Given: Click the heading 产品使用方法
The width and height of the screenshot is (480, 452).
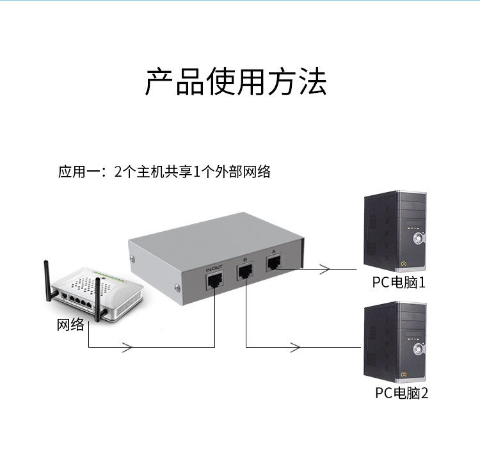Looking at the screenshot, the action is click(236, 82).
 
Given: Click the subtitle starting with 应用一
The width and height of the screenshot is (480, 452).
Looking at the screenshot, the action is click(164, 172).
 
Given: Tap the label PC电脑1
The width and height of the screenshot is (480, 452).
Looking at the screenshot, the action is click(399, 282).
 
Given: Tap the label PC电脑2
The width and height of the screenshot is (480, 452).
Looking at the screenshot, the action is click(402, 393).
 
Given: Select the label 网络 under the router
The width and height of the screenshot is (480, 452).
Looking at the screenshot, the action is click(70, 325).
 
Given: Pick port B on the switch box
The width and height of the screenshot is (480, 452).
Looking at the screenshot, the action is click(244, 271).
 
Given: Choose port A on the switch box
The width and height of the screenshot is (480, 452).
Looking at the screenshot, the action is click(274, 262).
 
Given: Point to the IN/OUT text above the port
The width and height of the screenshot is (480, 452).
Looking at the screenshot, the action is click(214, 268).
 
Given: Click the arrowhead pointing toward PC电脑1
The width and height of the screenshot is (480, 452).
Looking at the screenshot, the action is click(325, 269).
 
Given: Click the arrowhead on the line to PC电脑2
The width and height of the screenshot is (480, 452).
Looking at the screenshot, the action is click(296, 347).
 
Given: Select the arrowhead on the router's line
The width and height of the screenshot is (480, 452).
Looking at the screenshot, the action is click(127, 347).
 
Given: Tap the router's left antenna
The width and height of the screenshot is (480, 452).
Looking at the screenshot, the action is click(49, 280).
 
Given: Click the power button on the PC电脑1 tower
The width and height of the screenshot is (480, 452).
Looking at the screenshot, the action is click(418, 238).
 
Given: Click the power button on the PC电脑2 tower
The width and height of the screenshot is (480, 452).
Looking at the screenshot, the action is click(418, 349).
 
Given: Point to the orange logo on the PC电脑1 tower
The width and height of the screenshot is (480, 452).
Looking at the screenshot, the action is click(403, 264).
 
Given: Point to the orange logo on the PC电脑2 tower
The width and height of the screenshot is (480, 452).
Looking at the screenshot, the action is click(403, 375).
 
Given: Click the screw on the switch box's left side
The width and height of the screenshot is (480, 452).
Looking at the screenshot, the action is click(132, 259).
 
